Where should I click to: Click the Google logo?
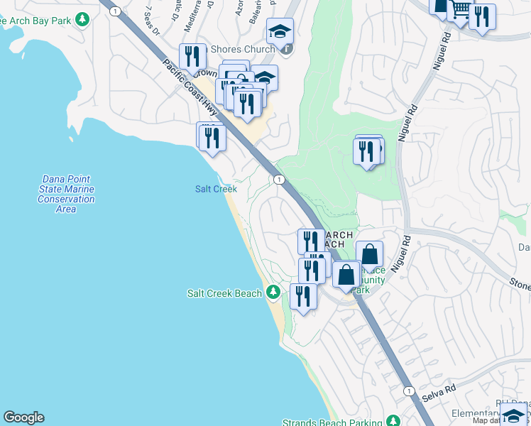[23, 417]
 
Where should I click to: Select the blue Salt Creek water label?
[216, 189]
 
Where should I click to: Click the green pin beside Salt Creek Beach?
[273, 293]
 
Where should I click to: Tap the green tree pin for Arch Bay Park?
[84, 19]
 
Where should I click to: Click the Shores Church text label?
[243, 49]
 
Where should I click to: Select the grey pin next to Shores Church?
[286, 48]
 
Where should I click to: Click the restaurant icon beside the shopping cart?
[483, 16]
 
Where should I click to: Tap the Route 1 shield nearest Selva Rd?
[408, 391]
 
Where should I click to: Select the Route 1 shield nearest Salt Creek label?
[280, 180]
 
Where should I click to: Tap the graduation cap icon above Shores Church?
[280, 32]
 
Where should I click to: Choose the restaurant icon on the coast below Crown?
[212, 137]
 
